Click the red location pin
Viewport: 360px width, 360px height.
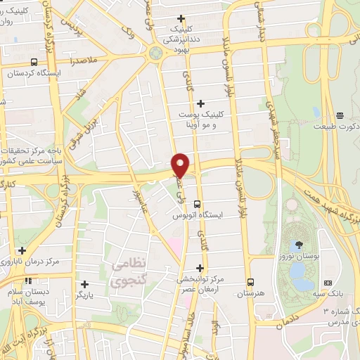pyautogui.click(x=181, y=165)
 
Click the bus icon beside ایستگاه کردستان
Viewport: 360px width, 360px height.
pyautogui.click(x=35, y=62)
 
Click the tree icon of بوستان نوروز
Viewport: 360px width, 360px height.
pyautogui.click(x=300, y=245)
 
